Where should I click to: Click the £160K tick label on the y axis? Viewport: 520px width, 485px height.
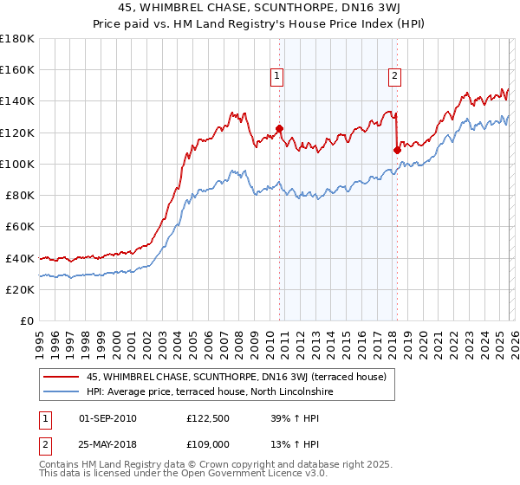pos(17,70)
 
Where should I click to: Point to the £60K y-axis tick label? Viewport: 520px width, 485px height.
pos(20,227)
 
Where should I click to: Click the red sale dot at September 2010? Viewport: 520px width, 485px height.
pos(279,128)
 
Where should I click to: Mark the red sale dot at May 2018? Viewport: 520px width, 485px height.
pos(397,149)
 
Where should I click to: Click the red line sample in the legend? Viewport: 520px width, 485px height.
pos(62,377)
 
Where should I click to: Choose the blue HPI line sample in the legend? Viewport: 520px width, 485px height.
pos(62,391)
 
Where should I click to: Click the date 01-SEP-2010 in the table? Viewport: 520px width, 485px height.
pos(107,417)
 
